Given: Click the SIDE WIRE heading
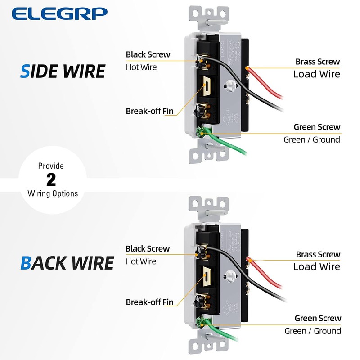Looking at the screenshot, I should (x=63, y=71).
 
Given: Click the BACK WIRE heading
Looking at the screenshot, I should (x=67, y=263).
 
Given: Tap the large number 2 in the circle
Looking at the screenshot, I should (x=51, y=180).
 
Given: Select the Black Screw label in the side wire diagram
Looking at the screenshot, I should (x=148, y=54).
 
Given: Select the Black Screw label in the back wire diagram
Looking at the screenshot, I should (x=148, y=248).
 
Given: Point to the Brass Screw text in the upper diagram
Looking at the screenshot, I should (x=318, y=62).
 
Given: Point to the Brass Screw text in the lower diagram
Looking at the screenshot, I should (x=318, y=255).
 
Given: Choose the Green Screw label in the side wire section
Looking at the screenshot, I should (x=317, y=127).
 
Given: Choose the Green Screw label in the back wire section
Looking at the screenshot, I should (x=318, y=319).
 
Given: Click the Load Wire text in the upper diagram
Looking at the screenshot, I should (x=317, y=74).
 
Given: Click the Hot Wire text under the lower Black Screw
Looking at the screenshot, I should (x=141, y=261).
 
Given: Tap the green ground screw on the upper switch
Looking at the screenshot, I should (x=201, y=131).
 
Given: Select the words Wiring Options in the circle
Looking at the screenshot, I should (x=53, y=193).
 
